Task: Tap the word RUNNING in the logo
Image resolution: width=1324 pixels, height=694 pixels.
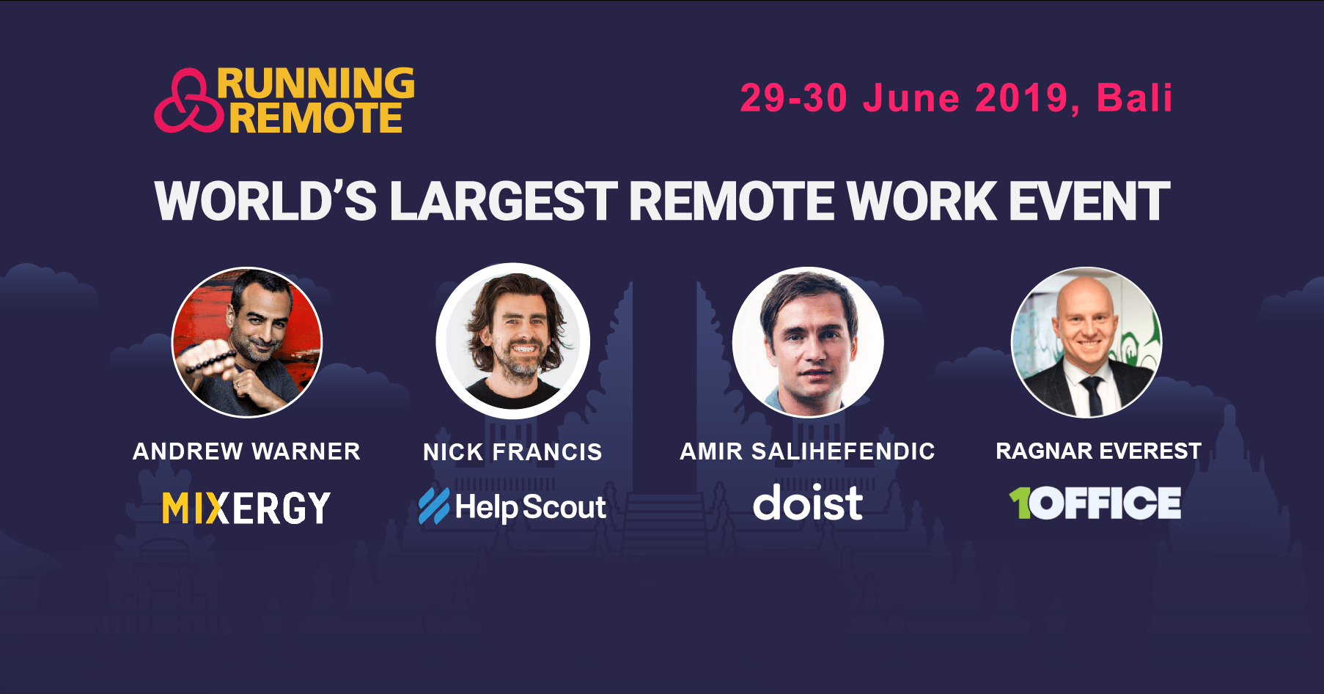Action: (316, 83)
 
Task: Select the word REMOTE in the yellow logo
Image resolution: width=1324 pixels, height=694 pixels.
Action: (316, 118)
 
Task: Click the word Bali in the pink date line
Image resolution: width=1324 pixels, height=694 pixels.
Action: (1134, 97)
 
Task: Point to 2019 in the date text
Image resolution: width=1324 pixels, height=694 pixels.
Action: (1021, 98)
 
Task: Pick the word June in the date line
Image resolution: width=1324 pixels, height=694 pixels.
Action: (911, 98)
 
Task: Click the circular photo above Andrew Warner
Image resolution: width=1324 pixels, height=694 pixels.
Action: (247, 342)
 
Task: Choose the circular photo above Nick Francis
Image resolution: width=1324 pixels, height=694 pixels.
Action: (512, 341)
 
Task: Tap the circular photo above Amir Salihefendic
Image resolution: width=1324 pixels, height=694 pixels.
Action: (808, 342)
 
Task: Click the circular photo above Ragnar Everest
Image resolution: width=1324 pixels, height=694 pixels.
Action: (1086, 342)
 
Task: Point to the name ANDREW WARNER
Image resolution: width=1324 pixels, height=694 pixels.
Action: (246, 451)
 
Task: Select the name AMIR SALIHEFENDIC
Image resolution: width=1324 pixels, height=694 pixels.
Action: (807, 451)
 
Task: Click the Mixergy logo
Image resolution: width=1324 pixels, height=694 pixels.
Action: (246, 508)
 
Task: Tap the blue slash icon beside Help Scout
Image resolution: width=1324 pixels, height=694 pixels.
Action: (434, 506)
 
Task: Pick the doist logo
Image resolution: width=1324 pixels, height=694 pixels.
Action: (808, 503)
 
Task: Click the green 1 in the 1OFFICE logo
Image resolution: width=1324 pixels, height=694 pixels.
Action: (1020, 503)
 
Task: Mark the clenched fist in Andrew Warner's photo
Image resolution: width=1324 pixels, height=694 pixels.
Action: (207, 358)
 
